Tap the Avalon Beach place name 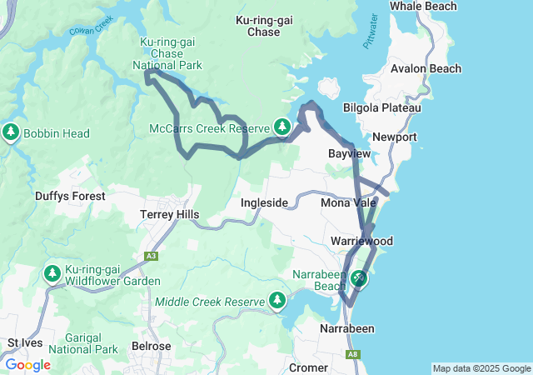click(x=426, y=68)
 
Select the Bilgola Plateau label click(x=382, y=108)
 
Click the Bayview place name click(x=349, y=154)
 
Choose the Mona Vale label click(x=345, y=202)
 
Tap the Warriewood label click(x=361, y=241)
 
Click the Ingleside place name click(x=264, y=202)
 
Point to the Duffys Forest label click(x=70, y=196)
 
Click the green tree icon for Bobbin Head click(x=11, y=132)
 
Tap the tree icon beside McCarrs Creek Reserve click(x=282, y=127)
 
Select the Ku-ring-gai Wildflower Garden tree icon click(x=52, y=273)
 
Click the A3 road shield click(x=151, y=257)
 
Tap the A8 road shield click(x=353, y=355)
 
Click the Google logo click(x=28, y=365)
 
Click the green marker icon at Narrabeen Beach click(x=359, y=277)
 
